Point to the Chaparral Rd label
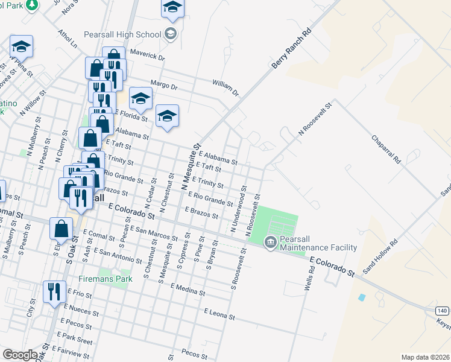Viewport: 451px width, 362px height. [x=386, y=149]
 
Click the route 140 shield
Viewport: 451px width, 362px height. [x=443, y=310]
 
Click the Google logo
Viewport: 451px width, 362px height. [x=20, y=355]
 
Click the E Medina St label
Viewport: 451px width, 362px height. [x=188, y=289]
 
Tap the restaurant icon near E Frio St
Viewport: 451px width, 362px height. [x=55, y=291]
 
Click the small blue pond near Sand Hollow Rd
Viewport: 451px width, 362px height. [x=362, y=297]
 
